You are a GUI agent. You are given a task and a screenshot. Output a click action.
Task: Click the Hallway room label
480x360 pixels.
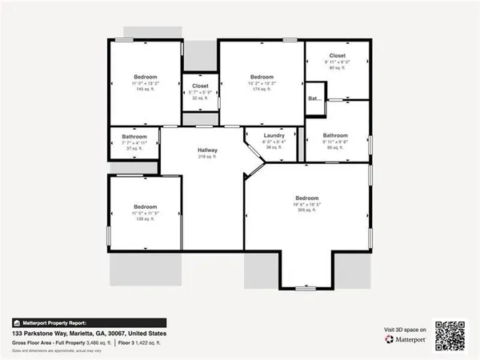click(208, 150)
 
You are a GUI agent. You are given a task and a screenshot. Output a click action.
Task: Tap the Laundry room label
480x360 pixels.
click(274, 135)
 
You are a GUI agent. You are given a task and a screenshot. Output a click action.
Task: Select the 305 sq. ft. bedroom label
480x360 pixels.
click(307, 198)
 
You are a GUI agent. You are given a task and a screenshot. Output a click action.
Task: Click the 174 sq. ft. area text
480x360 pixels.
click(262, 88)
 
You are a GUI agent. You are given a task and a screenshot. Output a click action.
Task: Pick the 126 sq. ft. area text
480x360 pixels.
click(144, 218)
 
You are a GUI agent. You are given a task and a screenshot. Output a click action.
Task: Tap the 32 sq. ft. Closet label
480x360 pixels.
click(200, 86)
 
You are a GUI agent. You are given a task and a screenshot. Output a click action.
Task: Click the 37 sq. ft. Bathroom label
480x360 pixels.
click(134, 136)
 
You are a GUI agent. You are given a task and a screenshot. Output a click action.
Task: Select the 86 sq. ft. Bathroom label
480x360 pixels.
click(335, 135)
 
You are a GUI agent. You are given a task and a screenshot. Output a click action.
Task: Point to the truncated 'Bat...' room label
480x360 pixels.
click(314, 99)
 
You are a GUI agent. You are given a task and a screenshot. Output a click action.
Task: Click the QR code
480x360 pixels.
click(449, 334)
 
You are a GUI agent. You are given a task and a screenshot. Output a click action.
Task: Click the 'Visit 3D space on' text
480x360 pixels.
click(402, 329)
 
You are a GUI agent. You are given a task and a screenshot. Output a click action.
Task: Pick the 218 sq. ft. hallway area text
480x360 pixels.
click(208, 157)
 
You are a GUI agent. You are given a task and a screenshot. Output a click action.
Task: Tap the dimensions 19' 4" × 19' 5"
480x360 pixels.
click(307, 204)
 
